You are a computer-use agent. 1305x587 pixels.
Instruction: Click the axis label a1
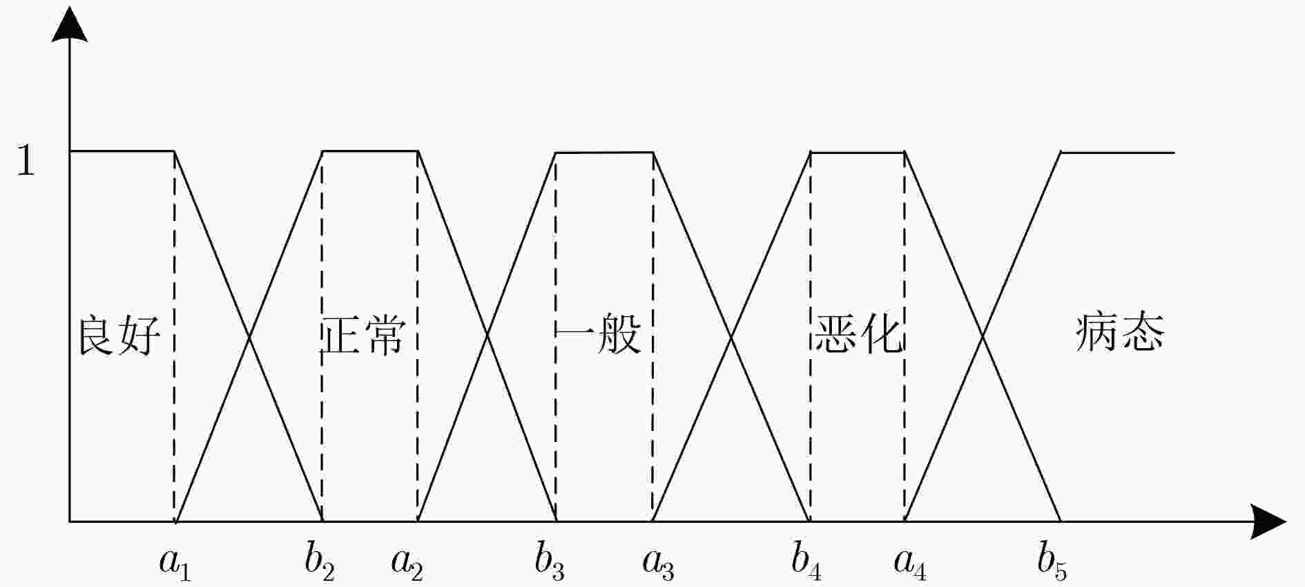(175, 562)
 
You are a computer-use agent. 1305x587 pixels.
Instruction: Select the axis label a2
(407, 562)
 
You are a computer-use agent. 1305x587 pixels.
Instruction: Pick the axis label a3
(659, 562)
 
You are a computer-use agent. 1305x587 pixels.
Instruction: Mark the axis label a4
(910, 562)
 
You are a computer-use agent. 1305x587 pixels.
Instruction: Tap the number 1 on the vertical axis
(26, 160)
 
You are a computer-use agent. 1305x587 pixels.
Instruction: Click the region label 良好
(119, 335)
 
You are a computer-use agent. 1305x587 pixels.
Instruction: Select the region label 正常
(363, 335)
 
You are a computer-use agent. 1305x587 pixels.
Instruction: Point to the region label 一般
(599, 335)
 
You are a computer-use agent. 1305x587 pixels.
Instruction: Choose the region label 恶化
(859, 335)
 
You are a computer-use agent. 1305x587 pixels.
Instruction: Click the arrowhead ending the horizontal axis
(1268, 521)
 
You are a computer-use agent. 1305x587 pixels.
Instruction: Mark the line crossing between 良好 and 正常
(249, 337)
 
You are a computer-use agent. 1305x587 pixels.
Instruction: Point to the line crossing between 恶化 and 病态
(983, 337)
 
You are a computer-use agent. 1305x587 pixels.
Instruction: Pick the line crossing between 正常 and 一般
(487, 336)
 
